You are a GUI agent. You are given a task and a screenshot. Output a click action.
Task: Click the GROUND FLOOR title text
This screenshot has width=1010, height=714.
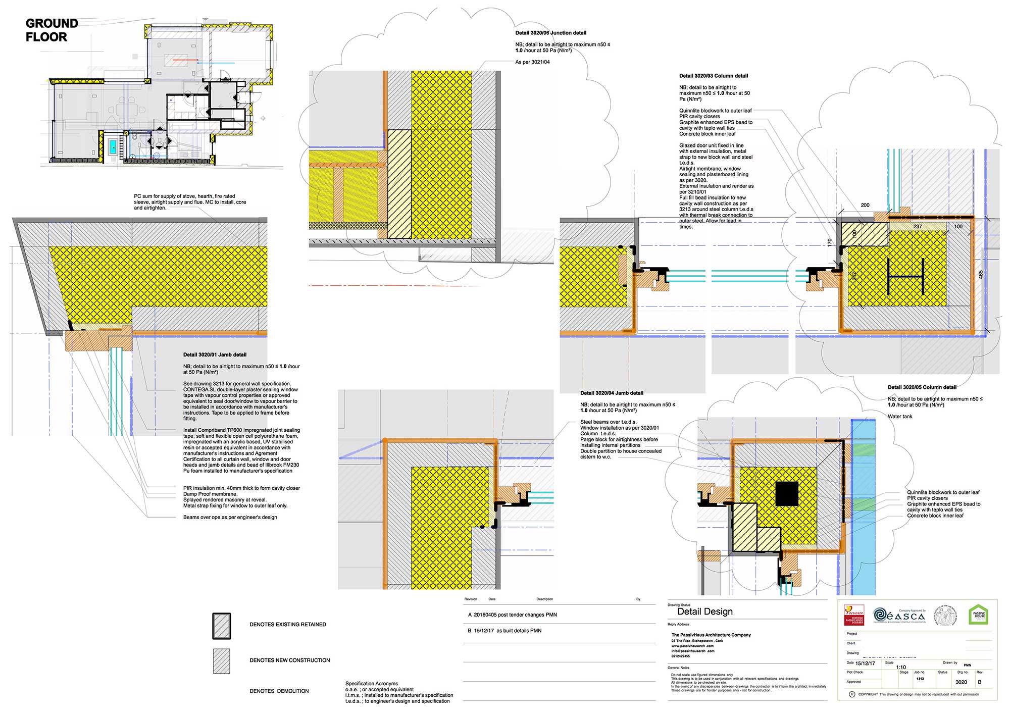[52, 30]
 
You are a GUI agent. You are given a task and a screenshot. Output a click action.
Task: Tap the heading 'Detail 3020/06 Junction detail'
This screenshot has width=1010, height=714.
[550, 33]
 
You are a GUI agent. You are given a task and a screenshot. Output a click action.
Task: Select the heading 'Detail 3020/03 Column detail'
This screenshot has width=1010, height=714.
[714, 76]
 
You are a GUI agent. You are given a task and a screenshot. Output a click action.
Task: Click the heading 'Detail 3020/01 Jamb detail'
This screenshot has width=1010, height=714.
[215, 355]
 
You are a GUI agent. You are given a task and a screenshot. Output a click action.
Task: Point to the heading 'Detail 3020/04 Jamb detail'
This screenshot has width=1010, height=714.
[612, 393]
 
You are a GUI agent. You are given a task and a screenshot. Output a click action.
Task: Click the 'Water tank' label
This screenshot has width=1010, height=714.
[900, 417]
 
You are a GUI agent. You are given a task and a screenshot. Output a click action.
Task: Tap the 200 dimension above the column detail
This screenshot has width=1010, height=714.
[865, 205]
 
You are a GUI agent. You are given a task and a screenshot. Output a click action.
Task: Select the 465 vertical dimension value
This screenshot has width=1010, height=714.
[981, 274]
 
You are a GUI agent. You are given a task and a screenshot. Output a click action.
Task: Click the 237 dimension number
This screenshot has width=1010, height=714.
[918, 227]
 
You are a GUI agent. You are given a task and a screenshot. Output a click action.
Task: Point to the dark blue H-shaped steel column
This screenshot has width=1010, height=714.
[905, 276]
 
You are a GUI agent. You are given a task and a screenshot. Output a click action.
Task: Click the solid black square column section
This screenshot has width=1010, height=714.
[787, 493]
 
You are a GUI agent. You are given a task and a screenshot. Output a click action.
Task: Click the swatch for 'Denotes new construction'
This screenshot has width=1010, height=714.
[222, 661]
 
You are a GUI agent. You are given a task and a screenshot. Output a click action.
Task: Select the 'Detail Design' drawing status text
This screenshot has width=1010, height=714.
[704, 611]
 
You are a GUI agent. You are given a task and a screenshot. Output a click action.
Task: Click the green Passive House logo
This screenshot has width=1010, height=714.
[979, 615]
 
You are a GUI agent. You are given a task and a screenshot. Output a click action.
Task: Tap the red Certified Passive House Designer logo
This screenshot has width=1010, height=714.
[854, 615]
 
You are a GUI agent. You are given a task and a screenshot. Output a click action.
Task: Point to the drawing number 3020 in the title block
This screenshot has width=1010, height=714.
[961, 682]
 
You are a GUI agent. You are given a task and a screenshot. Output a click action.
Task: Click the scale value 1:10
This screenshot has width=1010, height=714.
[901, 667]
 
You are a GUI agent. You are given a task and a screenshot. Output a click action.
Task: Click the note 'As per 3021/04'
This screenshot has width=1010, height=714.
[532, 62]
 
